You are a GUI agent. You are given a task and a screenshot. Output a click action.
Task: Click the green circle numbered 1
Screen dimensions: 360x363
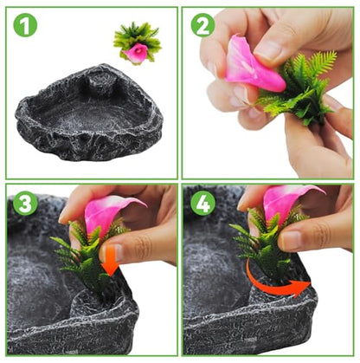click(25, 25)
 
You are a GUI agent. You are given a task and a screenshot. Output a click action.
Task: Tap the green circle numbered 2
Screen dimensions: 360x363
click(202, 25)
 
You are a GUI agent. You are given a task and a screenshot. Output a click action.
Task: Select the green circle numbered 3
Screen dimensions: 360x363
click(25, 204)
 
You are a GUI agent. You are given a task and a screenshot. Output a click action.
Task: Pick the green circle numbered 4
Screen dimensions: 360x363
click(202, 203)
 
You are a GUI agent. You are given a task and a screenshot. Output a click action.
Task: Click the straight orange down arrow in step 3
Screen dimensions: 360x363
click(112, 262)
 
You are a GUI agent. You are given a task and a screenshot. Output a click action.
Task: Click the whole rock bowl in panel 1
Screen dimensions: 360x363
click(89, 113)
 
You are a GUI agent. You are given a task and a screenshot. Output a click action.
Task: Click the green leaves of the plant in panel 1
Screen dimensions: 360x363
click(138, 41)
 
